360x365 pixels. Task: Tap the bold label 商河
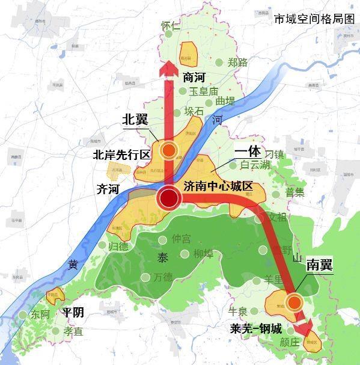pyautogui.click(x=194, y=77)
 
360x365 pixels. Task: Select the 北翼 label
pyautogui.click(x=135, y=120)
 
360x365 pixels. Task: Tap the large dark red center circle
pyautogui.click(x=169, y=198)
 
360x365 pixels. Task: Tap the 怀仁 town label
pyautogui.click(x=171, y=26)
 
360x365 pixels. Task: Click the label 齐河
pyautogui.click(x=108, y=189)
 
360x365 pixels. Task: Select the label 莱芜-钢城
pyautogui.click(x=255, y=329)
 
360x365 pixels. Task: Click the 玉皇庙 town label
pyautogui.click(x=203, y=91)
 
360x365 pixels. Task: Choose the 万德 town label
pyautogui.click(x=162, y=278)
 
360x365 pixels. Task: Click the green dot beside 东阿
pyautogui.click(x=23, y=314)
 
